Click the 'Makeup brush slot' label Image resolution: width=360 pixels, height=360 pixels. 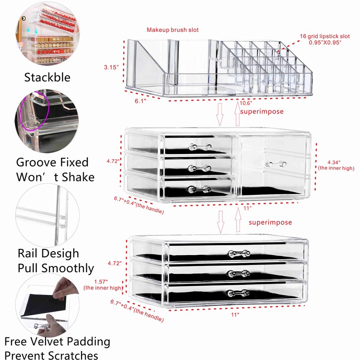[x=172, y=30]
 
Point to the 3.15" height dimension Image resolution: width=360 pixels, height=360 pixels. [x=111, y=67]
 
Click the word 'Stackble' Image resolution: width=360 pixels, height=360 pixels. [x=47, y=77]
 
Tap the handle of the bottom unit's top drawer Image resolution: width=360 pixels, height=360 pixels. [x=238, y=254]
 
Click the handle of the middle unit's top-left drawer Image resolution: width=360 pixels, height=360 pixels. [x=199, y=148]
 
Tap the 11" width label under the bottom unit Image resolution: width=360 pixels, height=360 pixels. [x=235, y=315]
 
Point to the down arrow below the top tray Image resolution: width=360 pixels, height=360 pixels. [x=220, y=115]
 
